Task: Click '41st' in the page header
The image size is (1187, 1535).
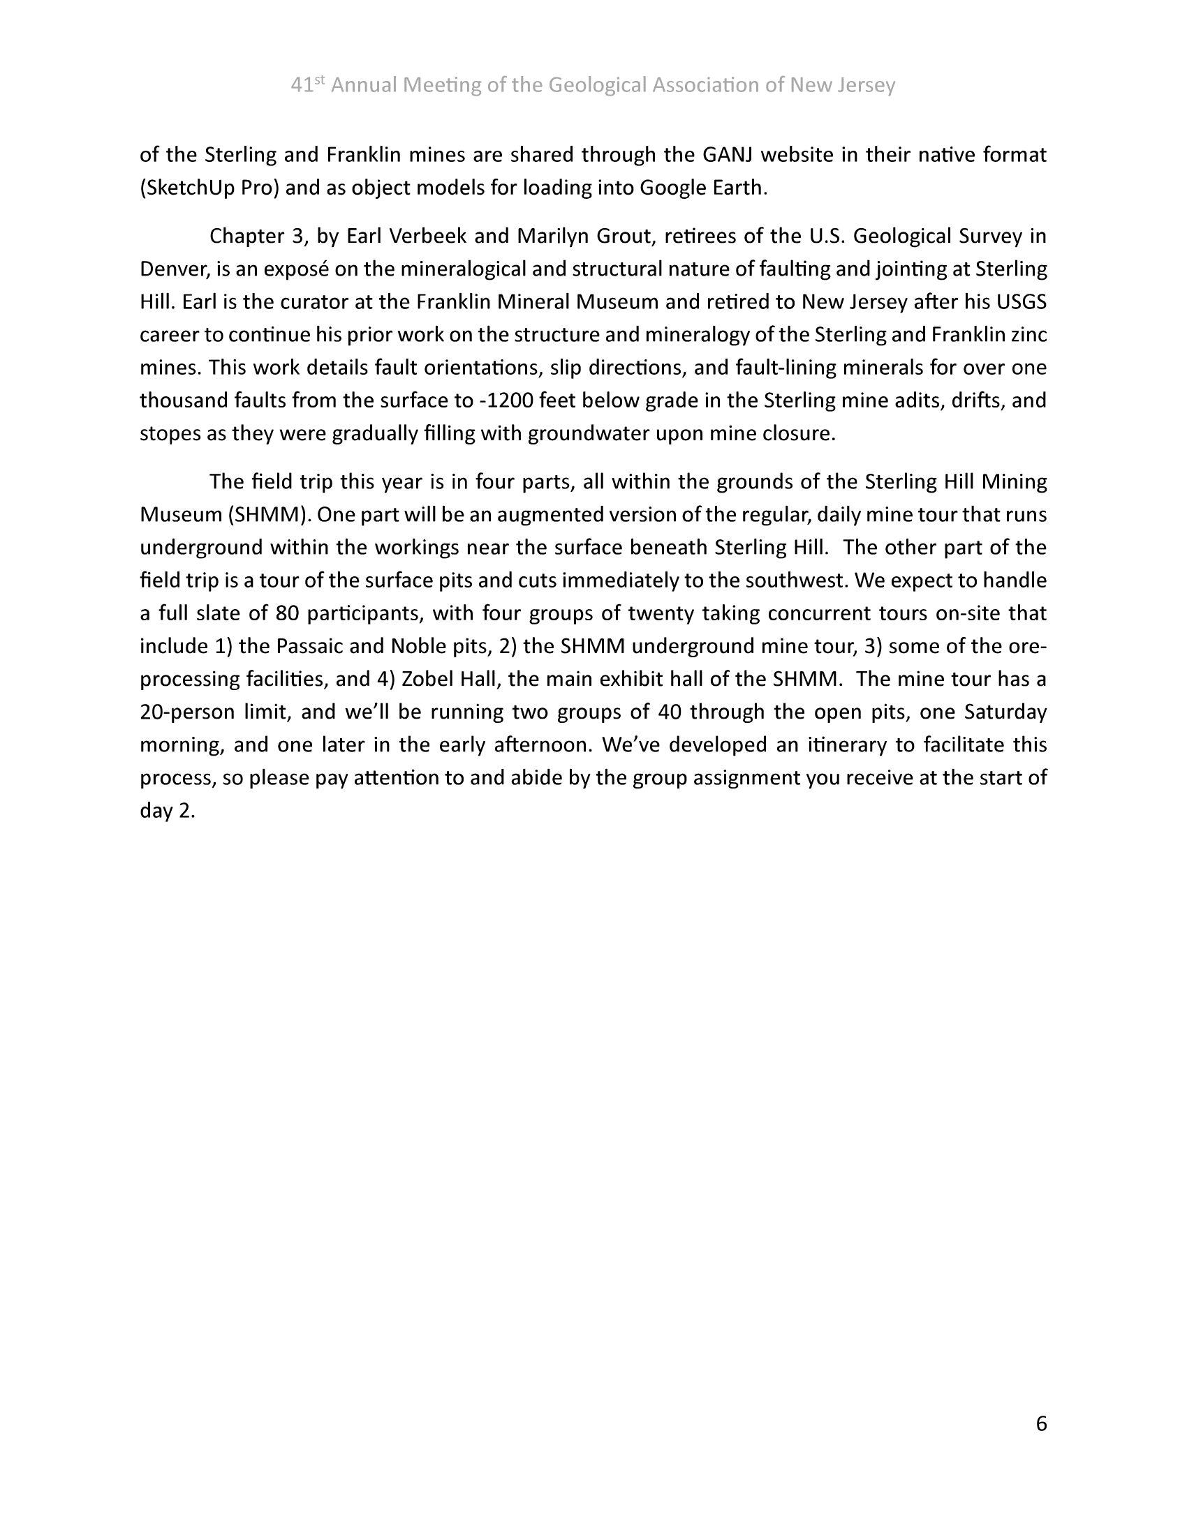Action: point(308,85)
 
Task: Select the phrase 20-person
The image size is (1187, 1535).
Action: point(188,712)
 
